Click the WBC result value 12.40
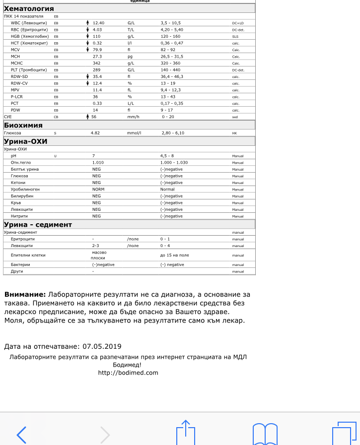click(98, 23)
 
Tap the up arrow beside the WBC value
click(88, 23)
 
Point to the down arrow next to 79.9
click(88, 50)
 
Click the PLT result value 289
click(96, 70)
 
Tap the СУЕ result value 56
click(94, 117)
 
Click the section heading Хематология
click(29, 9)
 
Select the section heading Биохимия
click(23, 126)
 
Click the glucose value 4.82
click(95, 133)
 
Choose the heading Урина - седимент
click(38, 225)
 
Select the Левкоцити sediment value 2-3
click(96, 246)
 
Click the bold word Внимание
click(25, 295)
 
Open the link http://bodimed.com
click(128, 373)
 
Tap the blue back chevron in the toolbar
click(21, 434)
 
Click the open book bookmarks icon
click(265, 434)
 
